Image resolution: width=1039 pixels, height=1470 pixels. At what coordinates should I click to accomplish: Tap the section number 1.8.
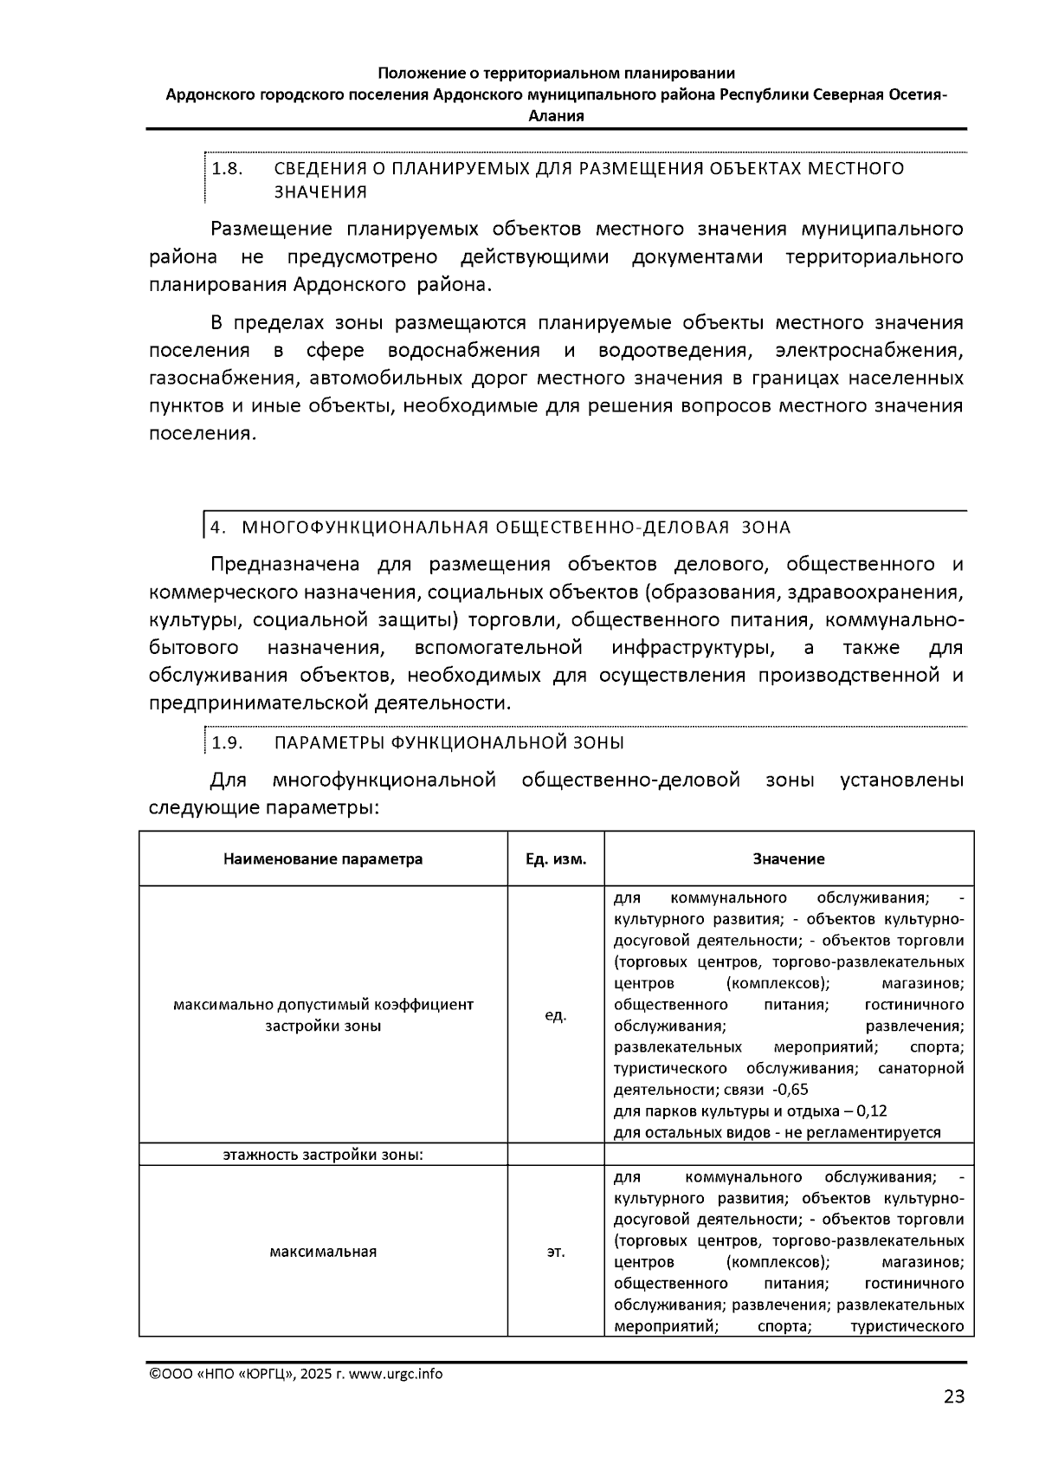coord(227,168)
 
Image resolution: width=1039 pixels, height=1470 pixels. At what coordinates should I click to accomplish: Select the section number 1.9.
coord(227,742)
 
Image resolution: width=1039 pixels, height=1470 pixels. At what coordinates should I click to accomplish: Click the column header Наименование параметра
coord(323,858)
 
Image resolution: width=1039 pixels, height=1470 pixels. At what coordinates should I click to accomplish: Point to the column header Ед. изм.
coord(556,858)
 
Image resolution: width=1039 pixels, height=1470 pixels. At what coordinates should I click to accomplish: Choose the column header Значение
coord(788,858)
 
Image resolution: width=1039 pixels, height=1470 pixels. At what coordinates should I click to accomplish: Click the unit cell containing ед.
coord(556,1014)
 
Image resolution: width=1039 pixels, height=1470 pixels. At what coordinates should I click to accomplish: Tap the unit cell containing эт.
coord(556,1252)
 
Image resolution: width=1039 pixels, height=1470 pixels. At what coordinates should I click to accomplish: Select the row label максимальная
coord(323,1252)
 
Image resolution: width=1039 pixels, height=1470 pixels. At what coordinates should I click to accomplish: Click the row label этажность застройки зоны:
coord(323,1155)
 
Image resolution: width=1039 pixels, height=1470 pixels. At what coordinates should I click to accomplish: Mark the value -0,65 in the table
coord(791,1090)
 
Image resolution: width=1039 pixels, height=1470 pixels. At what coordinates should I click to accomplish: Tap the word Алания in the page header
coord(556,115)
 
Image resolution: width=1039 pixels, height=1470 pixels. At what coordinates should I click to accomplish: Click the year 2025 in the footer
coord(317,1374)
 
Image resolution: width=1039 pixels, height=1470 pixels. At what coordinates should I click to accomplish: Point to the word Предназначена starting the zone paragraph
coord(285,565)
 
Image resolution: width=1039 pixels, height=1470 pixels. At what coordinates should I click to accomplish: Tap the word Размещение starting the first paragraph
coord(271,230)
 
